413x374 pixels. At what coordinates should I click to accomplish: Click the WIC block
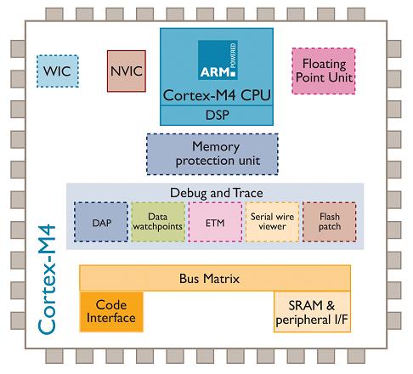click(x=58, y=71)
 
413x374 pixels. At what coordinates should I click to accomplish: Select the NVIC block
click(x=127, y=71)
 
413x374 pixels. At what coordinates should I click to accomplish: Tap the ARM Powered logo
click(x=218, y=59)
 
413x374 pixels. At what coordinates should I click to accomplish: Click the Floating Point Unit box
click(x=324, y=71)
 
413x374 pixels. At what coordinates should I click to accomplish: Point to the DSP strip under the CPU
click(x=217, y=116)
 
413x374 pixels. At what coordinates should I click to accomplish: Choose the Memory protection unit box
click(x=212, y=154)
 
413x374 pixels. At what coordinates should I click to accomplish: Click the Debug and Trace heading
click(x=217, y=193)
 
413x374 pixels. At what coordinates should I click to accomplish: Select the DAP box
click(x=101, y=222)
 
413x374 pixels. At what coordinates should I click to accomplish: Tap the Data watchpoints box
click(x=158, y=222)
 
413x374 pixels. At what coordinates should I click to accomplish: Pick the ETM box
click(x=215, y=222)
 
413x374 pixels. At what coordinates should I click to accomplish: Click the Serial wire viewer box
click(x=272, y=222)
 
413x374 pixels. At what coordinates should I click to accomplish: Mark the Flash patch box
click(x=330, y=222)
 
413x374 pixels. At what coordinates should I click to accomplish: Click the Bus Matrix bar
click(x=215, y=278)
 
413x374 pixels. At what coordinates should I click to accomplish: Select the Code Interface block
click(x=111, y=311)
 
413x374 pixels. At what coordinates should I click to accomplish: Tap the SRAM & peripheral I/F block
click(x=312, y=312)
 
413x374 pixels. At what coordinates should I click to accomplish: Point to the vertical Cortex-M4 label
click(x=47, y=280)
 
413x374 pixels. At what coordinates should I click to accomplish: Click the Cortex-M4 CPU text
click(x=217, y=95)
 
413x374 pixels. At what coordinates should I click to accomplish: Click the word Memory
click(x=216, y=147)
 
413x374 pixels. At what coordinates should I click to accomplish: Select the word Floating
click(x=325, y=65)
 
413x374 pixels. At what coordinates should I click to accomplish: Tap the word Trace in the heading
click(x=248, y=193)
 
